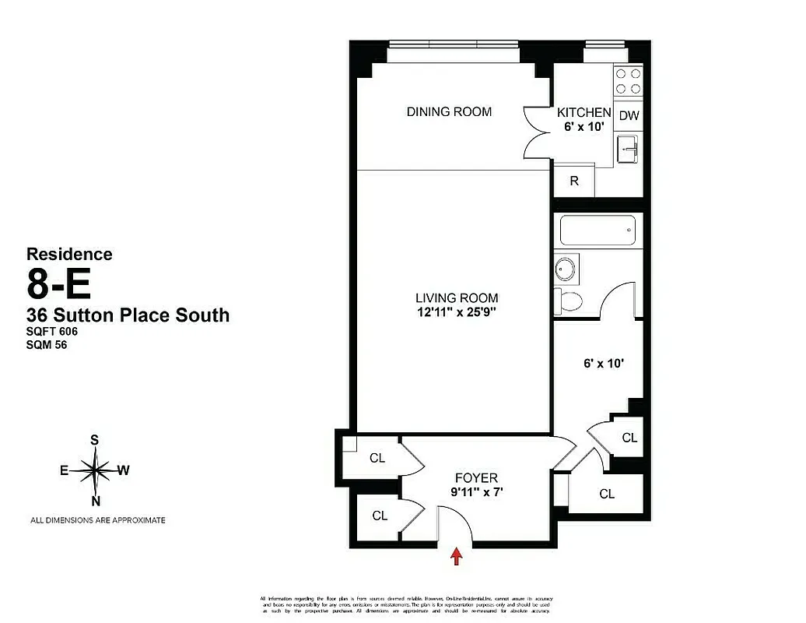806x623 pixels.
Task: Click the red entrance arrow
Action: [x=457, y=556]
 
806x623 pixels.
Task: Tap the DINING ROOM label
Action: [x=449, y=112]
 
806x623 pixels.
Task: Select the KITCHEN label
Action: [x=583, y=113]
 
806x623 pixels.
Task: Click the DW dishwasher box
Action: [x=629, y=116]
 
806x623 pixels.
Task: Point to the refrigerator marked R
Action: [x=574, y=181]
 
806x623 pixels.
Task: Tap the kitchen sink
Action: [x=627, y=149]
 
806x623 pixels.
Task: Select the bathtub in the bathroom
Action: [x=597, y=231]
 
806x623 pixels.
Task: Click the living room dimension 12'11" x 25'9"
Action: [x=456, y=313]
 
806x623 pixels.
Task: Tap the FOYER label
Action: [x=475, y=478]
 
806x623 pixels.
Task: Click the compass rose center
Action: [x=95, y=470]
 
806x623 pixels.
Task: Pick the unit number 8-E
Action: [x=59, y=283]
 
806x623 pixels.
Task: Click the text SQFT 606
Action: [x=53, y=332]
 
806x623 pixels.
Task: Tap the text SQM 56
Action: [x=47, y=346]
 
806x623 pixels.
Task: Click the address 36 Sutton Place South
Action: [x=128, y=315]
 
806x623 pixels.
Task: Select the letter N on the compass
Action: [x=96, y=501]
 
